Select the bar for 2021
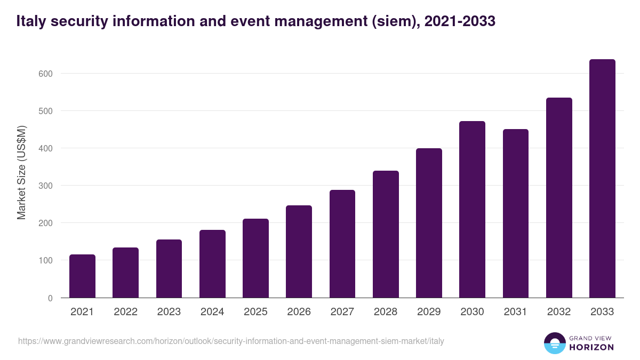click(82, 276)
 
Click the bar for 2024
click(212, 264)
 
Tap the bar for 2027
click(342, 244)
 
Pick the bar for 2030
click(472, 210)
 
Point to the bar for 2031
click(516, 213)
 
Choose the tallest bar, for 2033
click(602, 179)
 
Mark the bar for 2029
click(429, 223)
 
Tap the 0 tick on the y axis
click(50, 298)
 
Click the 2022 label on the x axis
click(125, 312)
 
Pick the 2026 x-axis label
click(299, 312)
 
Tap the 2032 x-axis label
click(559, 312)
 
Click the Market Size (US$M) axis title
click(21, 172)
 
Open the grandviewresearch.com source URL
click(231, 341)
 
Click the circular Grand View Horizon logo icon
click(554, 343)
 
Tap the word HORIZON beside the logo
click(591, 347)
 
